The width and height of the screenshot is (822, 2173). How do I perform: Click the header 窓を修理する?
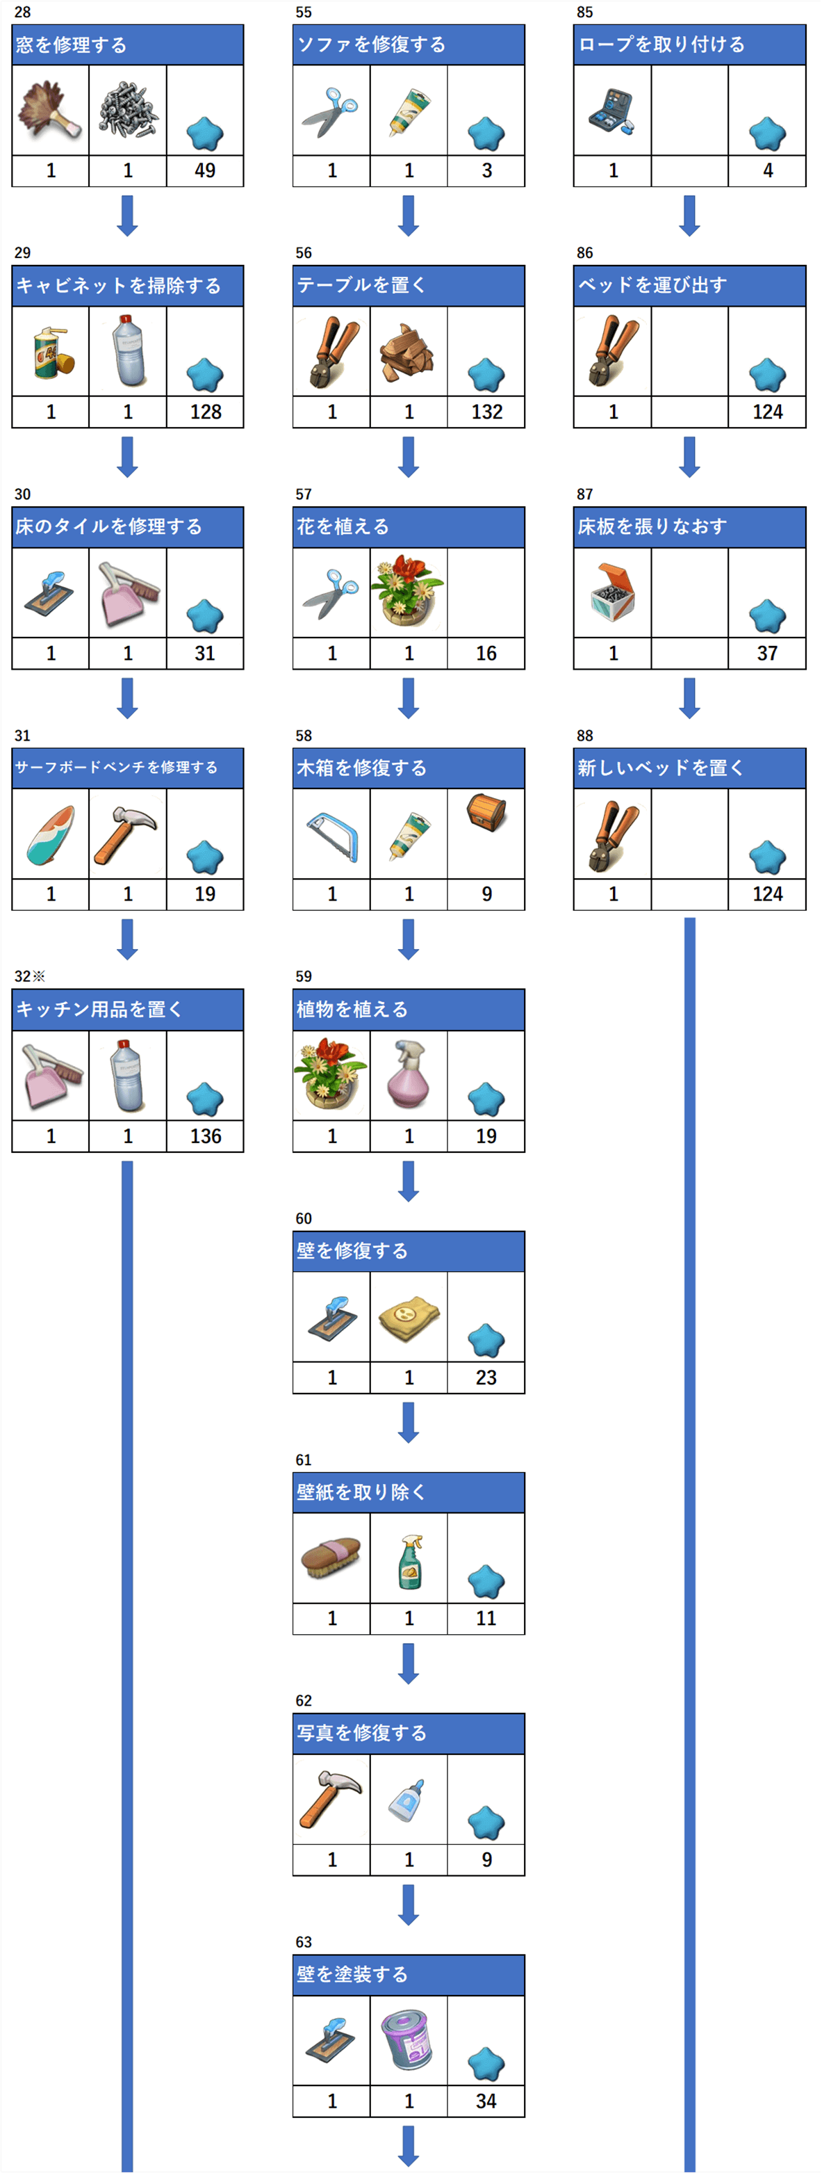tap(72, 45)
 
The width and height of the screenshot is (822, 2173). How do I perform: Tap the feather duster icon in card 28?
tap(51, 110)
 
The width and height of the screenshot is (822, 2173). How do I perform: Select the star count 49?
tap(205, 170)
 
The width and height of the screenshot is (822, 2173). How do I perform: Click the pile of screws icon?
tap(127, 110)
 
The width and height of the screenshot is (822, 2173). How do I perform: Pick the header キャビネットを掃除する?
tap(118, 286)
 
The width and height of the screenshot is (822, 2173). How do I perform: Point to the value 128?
tap(205, 412)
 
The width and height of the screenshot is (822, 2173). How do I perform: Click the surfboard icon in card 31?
tap(51, 834)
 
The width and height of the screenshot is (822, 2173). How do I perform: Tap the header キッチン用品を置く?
tap(99, 1010)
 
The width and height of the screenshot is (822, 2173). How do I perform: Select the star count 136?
tap(205, 1136)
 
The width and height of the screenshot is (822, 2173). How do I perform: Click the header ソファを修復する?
tap(371, 45)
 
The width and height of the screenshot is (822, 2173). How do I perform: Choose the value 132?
tap(486, 412)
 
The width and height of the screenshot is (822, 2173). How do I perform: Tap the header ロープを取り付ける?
tap(661, 45)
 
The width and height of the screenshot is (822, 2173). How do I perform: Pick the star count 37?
tap(767, 653)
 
